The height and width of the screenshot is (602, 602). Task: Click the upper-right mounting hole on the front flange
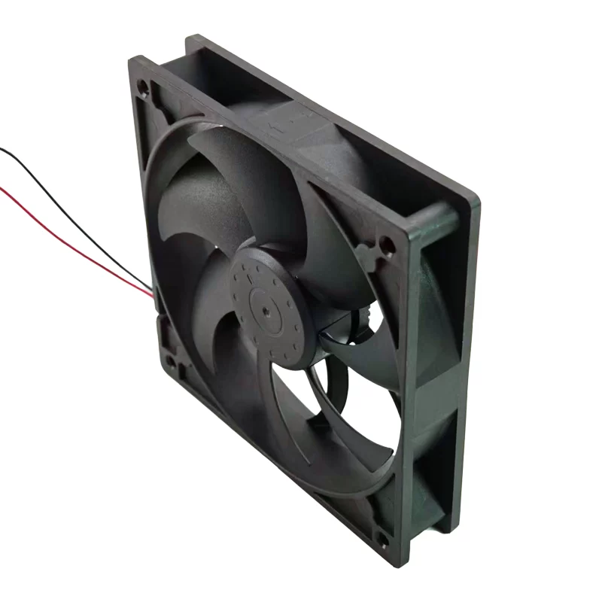(386, 245)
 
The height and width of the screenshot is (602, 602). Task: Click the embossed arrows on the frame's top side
(297, 113)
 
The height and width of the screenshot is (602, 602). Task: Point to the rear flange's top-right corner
(475, 197)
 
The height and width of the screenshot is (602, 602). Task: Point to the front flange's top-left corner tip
(132, 60)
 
